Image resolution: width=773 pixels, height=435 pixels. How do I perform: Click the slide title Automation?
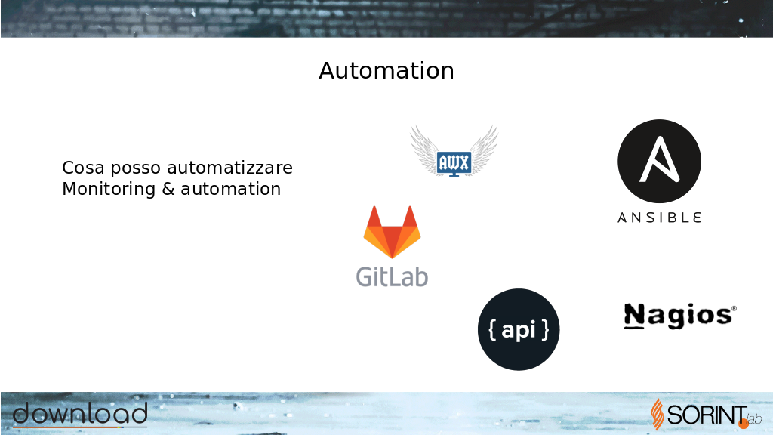(386, 71)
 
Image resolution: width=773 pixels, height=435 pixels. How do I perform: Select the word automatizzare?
(229, 168)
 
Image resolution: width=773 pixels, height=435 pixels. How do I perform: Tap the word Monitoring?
(109, 190)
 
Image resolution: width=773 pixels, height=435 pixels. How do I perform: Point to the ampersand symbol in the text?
(168, 189)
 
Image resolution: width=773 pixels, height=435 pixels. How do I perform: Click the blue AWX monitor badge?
(454, 163)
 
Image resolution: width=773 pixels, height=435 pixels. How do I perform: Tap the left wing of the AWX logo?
(424, 150)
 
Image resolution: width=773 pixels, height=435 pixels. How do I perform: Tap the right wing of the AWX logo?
(484, 150)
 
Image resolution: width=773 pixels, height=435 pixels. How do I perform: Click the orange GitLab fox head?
(392, 233)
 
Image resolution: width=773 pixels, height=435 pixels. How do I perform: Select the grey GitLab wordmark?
(392, 276)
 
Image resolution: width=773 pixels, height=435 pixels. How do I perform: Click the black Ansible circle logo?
(659, 162)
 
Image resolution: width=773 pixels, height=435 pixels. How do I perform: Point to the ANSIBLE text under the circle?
(659, 217)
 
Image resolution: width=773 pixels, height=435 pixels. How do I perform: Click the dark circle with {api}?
(519, 329)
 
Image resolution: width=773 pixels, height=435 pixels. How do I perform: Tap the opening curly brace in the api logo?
(492, 330)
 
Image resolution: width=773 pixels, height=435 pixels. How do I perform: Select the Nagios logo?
(680, 316)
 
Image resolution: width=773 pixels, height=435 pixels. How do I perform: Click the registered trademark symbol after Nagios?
(734, 308)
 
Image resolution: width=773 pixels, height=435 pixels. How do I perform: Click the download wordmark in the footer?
(80, 414)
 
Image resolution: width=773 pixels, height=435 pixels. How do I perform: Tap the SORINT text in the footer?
(707, 415)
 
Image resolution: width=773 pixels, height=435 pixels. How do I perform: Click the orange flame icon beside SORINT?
(658, 415)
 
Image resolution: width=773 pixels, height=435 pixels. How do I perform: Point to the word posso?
(136, 168)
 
